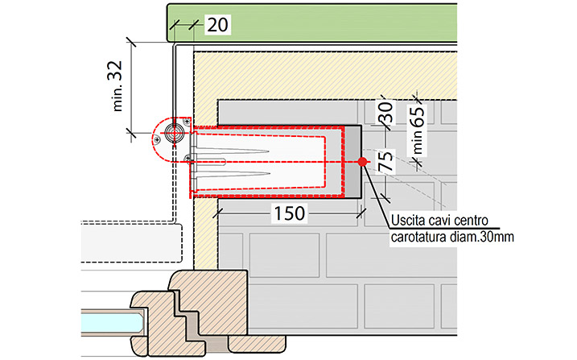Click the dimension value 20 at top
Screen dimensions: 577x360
(x=217, y=25)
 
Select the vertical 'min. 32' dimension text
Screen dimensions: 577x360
(x=117, y=86)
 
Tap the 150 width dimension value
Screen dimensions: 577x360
(x=289, y=213)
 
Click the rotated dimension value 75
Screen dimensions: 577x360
(x=386, y=161)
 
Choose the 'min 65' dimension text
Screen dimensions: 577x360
(x=418, y=130)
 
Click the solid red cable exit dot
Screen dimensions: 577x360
(x=362, y=162)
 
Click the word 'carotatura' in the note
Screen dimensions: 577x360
(x=418, y=237)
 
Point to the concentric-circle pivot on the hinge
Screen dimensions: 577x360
(x=175, y=133)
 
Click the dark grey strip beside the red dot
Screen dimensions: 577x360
(x=352, y=161)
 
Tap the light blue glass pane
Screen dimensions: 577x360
(x=112, y=322)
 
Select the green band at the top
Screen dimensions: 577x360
(x=312, y=23)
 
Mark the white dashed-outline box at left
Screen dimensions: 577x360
(x=132, y=242)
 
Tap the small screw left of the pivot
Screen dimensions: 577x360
(x=157, y=139)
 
